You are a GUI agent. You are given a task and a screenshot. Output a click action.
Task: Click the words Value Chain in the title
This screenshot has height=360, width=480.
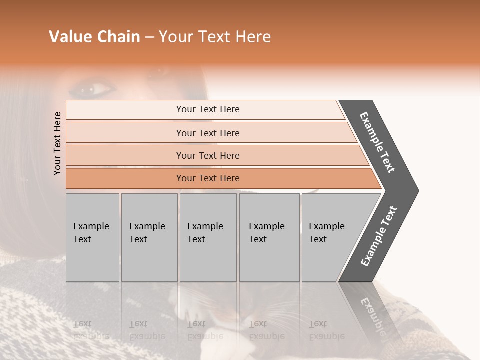pyautogui.click(x=94, y=37)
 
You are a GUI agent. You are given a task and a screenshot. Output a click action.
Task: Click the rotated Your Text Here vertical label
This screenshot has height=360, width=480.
pyautogui.click(x=57, y=143)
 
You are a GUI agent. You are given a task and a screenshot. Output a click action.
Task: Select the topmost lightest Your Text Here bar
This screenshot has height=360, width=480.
pyautogui.click(x=208, y=109)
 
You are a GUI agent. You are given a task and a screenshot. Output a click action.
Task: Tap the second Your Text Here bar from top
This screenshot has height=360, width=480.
pyautogui.click(x=208, y=133)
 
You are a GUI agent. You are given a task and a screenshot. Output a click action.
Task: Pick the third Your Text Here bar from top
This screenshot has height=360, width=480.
pyautogui.click(x=208, y=155)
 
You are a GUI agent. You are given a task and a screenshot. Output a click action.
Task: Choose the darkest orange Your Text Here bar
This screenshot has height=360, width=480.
pyautogui.click(x=208, y=178)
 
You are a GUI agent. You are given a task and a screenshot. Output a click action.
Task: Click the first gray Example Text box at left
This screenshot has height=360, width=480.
pyautogui.click(x=92, y=237)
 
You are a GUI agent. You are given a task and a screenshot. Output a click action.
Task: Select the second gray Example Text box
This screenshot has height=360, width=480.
pyautogui.click(x=149, y=237)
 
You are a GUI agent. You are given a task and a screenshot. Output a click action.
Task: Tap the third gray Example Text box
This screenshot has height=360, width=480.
pyautogui.click(x=207, y=237)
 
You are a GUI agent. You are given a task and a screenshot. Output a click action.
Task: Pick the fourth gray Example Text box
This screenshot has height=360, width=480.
pyautogui.click(x=269, y=237)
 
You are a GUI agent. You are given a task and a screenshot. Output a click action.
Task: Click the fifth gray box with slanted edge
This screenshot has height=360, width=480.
pyautogui.click(x=330, y=237)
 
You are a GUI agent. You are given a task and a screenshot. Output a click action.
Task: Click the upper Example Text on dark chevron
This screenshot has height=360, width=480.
pyautogui.click(x=377, y=142)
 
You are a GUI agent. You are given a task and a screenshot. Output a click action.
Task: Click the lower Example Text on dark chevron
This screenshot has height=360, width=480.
pyautogui.click(x=378, y=236)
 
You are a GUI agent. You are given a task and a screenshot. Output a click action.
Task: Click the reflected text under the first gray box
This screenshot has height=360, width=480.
pyautogui.click(x=92, y=330)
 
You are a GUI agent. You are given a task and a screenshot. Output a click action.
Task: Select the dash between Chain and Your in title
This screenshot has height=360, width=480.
pyautogui.click(x=149, y=37)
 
